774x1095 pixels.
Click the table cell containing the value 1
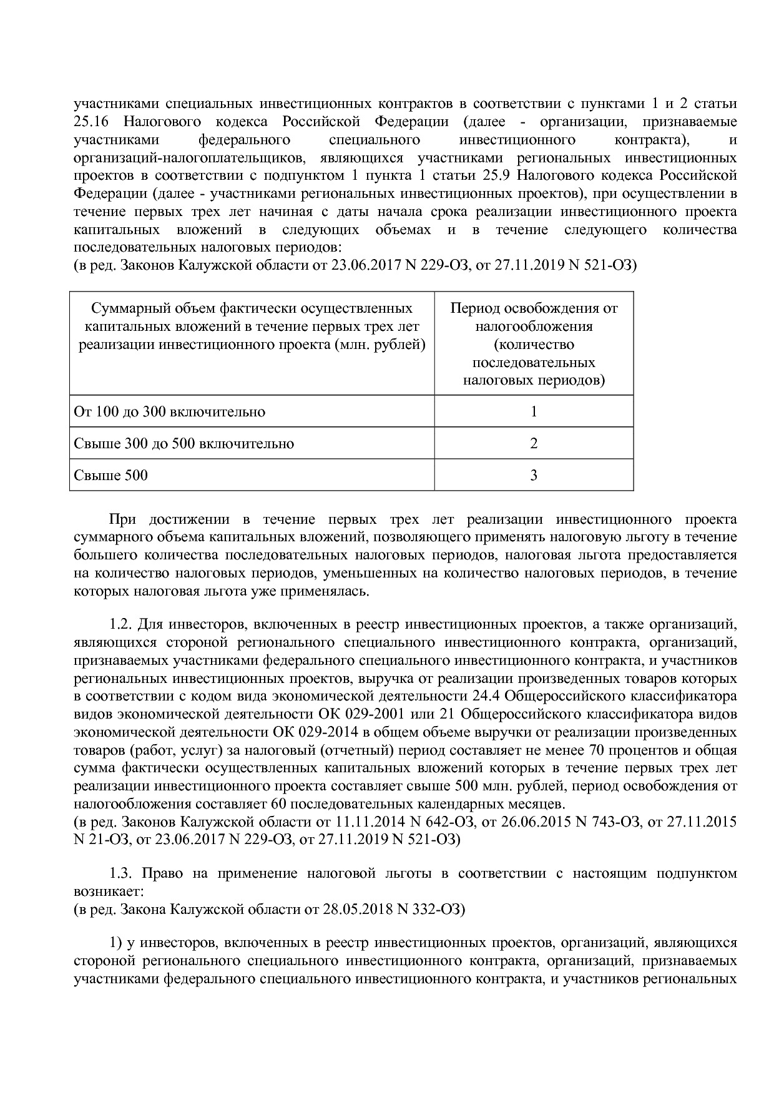point(534,411)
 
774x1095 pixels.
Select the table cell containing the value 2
point(534,443)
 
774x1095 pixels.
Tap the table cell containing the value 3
point(534,475)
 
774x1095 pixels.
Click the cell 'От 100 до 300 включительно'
point(170,411)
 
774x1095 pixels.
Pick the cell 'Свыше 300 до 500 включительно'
point(184,443)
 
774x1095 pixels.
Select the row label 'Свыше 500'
point(111,475)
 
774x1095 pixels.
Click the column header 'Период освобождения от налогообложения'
point(534,344)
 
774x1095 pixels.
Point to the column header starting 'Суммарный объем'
point(252,327)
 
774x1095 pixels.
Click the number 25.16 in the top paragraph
point(91,121)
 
